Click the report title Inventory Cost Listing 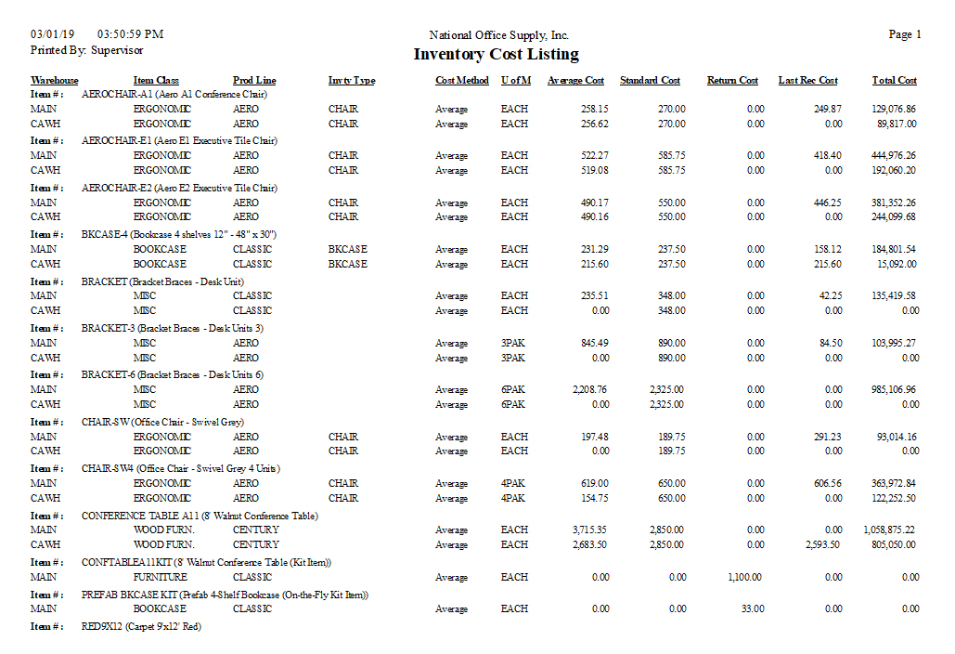point(496,55)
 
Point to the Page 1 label point(905,34)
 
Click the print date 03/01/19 point(50,34)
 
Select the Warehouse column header point(55,81)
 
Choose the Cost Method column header point(462,81)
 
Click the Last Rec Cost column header point(807,81)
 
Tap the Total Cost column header point(894,81)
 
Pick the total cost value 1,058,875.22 point(889,530)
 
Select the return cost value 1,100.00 point(746,577)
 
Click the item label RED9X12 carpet point(141,626)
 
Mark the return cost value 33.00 point(753,608)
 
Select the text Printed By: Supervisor point(86,50)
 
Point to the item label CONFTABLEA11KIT point(206,562)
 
